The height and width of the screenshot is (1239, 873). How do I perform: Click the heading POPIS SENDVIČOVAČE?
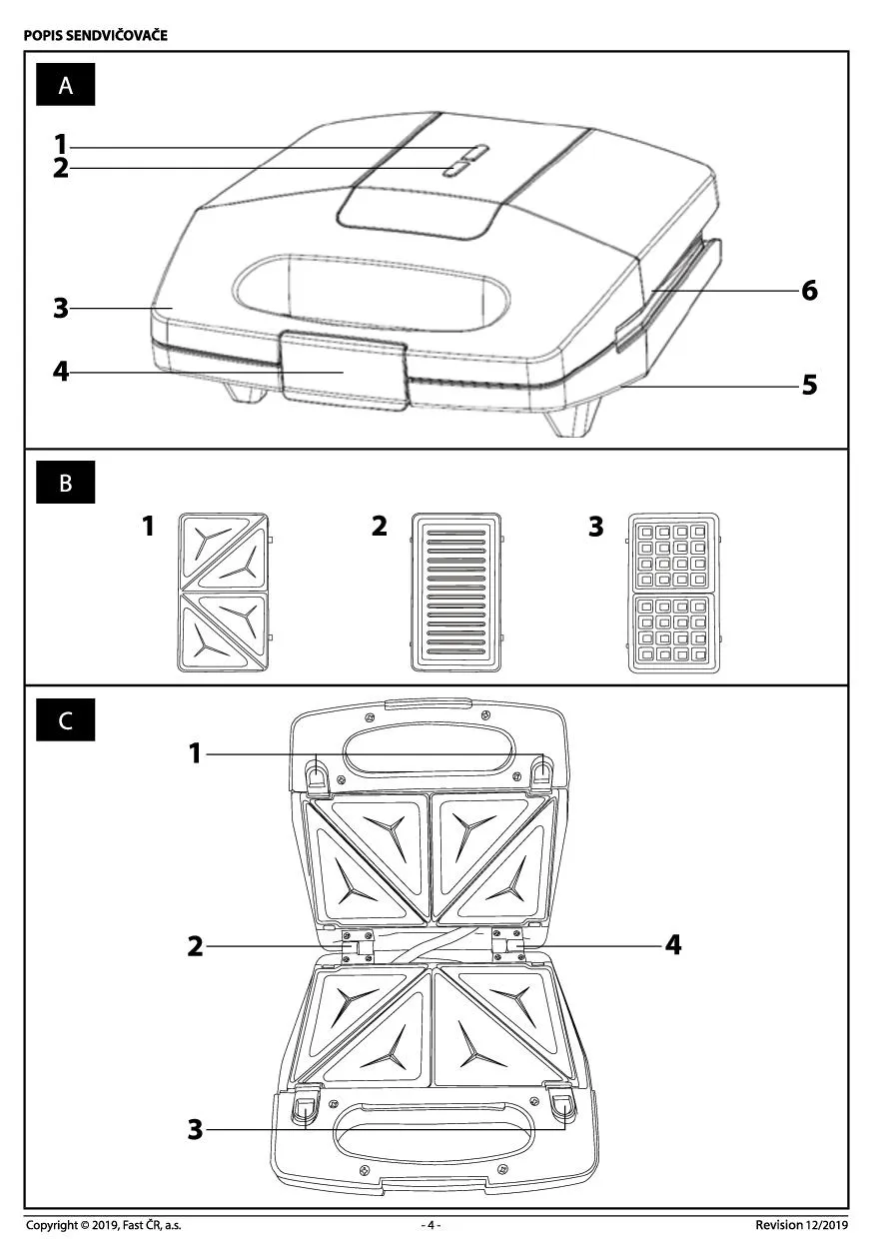pos(96,36)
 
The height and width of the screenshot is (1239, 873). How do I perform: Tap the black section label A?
pos(66,85)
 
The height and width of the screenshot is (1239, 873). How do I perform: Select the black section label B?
pos(66,483)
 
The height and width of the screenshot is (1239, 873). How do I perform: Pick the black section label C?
pos(66,720)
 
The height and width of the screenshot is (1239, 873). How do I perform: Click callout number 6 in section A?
pos(809,290)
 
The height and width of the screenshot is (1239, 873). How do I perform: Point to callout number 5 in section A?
pos(809,384)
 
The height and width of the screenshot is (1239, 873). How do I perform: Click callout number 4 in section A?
pos(61,372)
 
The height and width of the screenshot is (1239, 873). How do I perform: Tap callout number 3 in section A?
pos(61,308)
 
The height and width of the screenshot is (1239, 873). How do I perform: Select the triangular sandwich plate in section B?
pos(224,592)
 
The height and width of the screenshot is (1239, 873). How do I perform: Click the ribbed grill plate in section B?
pos(455,592)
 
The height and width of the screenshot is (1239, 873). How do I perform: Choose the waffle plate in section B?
pos(673,592)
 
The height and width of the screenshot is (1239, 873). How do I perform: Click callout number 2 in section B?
pos(380,527)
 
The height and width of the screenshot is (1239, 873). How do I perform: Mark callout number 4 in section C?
pos(674,944)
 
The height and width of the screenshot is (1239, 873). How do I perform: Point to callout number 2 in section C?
pos(196,945)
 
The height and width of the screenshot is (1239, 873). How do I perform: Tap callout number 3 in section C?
pos(196,1130)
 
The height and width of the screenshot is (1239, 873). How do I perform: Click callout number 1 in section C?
pos(196,753)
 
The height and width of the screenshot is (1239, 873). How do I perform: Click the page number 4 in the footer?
pos(431,1224)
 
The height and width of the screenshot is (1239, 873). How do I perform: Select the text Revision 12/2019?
pos(801,1224)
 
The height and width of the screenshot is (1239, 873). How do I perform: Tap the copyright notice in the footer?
pos(104,1224)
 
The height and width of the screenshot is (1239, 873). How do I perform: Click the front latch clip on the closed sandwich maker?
pos(344,370)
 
